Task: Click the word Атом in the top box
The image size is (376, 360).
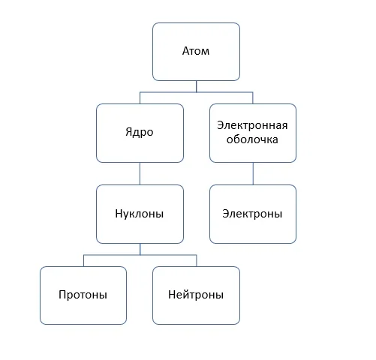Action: pyautogui.click(x=196, y=51)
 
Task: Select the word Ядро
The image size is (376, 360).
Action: pyautogui.click(x=140, y=132)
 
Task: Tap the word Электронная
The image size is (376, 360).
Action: pyautogui.click(x=252, y=125)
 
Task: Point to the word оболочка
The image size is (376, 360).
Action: pyautogui.click(x=252, y=139)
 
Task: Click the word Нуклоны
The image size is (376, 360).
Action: pyautogui.click(x=140, y=214)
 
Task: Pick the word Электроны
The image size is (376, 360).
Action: pyautogui.click(x=252, y=214)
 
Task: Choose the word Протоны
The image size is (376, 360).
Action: pyautogui.click(x=83, y=295)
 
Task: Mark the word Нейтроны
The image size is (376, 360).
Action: pyautogui.click(x=196, y=295)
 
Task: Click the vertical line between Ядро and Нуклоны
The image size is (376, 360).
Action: pyautogui.click(x=140, y=174)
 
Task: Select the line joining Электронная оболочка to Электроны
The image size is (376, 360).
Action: pyautogui.click(x=253, y=174)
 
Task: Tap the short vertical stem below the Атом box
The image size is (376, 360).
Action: pyautogui.click(x=196, y=86)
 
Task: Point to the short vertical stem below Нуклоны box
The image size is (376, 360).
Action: pyautogui.click(x=140, y=249)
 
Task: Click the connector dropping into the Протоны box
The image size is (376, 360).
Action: pyautogui.click(x=83, y=261)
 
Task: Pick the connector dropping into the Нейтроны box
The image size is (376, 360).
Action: pyautogui.click(x=197, y=261)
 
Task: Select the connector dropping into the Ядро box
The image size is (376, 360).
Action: pyautogui.click(x=140, y=98)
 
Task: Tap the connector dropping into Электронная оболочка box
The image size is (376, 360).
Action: pyautogui.click(x=253, y=98)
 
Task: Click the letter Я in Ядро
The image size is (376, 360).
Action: pyautogui.click(x=128, y=131)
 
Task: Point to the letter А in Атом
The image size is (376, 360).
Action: pyautogui.click(x=185, y=51)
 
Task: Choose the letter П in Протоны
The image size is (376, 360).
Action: pyautogui.click(x=62, y=295)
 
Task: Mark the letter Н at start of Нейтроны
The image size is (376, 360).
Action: pyautogui.click(x=171, y=295)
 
